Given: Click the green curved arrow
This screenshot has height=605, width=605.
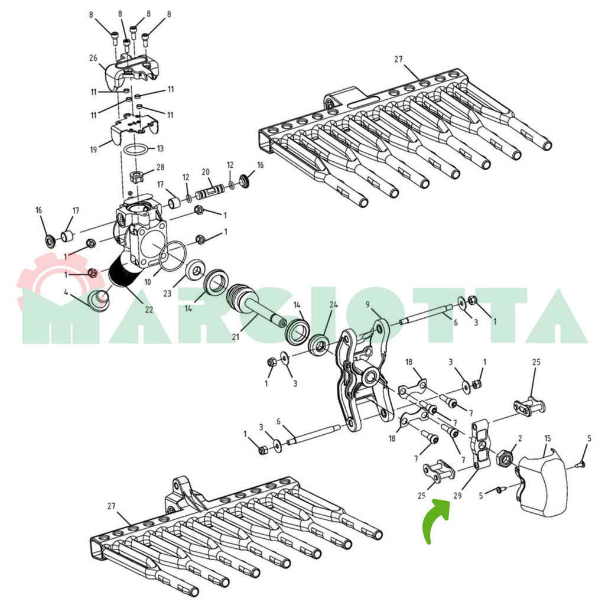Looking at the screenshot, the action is point(434,517).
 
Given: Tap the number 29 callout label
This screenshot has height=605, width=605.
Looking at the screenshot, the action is point(457,495).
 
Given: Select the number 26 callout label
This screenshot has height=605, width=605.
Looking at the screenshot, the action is point(93,58).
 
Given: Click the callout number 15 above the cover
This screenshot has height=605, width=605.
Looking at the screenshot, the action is point(548,439).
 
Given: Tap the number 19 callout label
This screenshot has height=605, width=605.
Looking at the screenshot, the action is point(93,149).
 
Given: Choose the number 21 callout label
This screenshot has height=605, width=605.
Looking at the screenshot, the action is point(235,337).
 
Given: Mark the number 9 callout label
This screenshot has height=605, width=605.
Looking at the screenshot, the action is point(367,305).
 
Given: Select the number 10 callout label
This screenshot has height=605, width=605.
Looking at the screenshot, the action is point(147,282).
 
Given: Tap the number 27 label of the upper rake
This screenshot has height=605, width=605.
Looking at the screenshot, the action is point(398,60).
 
